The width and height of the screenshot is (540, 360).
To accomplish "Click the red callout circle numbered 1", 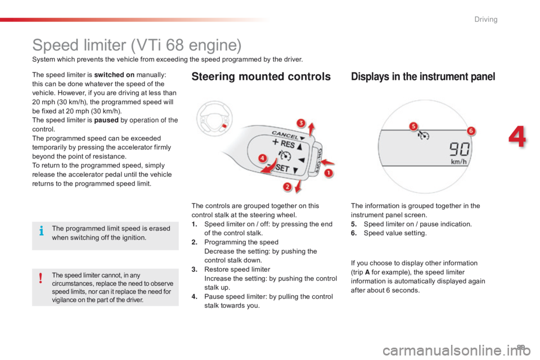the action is click(x=328, y=173).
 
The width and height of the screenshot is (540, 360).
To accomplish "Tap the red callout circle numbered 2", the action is click(x=287, y=187).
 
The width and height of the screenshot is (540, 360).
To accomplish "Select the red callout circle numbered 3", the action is click(x=301, y=123).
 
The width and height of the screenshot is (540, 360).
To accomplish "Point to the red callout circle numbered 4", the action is click(x=263, y=158).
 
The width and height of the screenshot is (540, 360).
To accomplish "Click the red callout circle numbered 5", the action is click(x=413, y=126).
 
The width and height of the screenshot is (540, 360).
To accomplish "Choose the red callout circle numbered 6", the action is click(x=470, y=131).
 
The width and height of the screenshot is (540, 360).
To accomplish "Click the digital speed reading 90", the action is click(x=459, y=150).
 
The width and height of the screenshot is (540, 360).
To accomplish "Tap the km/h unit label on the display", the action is click(x=459, y=161).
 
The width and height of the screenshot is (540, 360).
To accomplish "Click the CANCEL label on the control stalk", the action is click(x=285, y=134).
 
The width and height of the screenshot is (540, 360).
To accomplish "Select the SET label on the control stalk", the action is click(x=282, y=168).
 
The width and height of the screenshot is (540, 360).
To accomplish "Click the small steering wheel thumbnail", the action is click(x=214, y=119).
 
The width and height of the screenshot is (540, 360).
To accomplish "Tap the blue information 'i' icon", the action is click(x=41, y=231).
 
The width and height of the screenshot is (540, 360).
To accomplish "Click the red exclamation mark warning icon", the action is click(x=40, y=278).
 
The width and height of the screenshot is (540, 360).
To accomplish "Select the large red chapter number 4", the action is click(x=517, y=137).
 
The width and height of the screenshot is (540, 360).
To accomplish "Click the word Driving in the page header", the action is click(x=486, y=19).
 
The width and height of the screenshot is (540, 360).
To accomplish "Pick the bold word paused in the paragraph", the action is click(x=106, y=120).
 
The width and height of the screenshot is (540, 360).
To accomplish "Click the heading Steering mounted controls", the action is click(x=261, y=76).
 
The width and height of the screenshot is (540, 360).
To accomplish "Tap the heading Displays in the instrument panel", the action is click(x=423, y=76).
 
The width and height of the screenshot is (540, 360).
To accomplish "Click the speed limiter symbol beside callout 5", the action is click(x=423, y=136).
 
